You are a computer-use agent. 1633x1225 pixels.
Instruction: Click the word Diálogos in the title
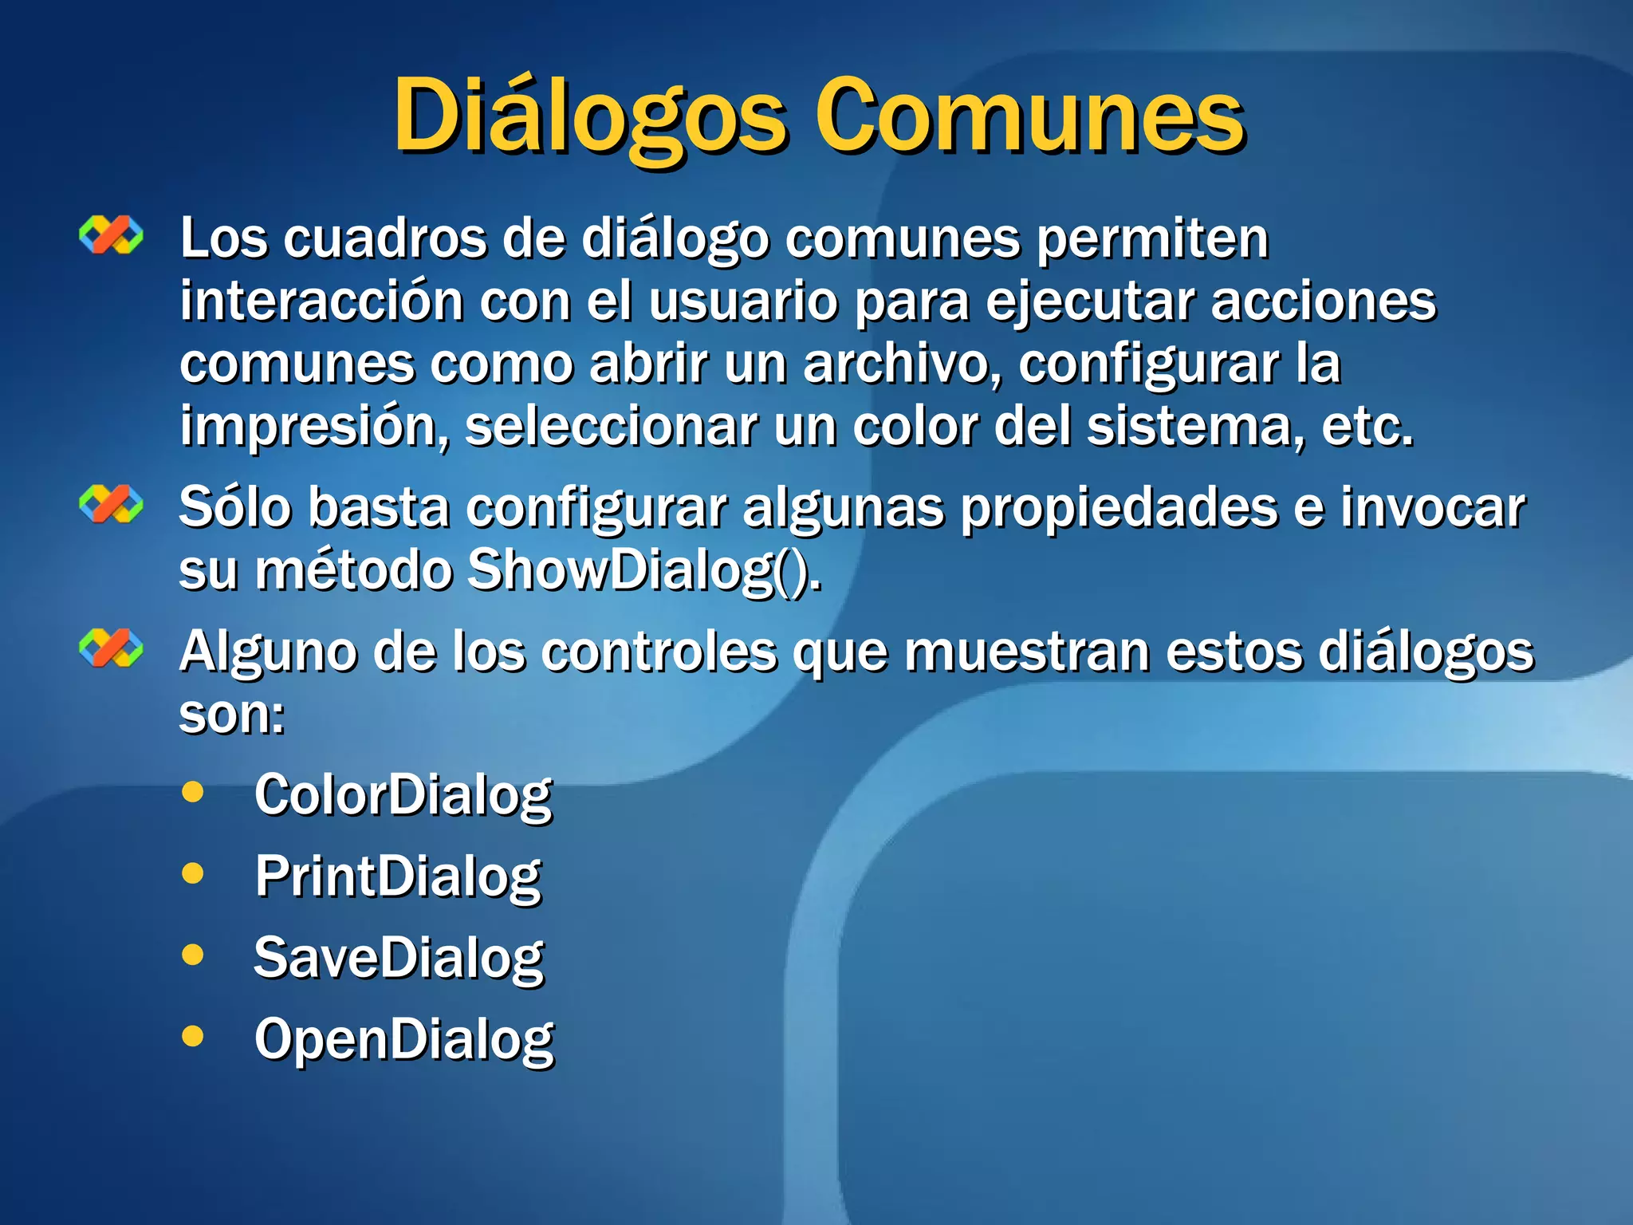coord(590,118)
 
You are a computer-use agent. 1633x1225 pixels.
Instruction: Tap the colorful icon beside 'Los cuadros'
coord(112,235)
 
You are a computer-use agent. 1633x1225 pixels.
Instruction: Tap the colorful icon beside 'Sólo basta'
coord(112,504)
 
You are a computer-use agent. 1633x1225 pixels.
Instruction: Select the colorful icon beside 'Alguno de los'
coord(112,647)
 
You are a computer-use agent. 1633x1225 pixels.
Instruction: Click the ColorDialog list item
coord(403,796)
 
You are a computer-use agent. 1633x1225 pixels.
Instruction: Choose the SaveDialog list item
coord(399,958)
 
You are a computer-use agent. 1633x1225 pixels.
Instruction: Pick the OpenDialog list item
coord(404,1039)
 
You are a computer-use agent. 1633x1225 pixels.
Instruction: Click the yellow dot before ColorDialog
coord(193,792)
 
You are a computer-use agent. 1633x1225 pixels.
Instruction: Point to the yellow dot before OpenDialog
coord(193,1036)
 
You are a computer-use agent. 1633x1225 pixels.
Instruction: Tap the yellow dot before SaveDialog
coord(193,955)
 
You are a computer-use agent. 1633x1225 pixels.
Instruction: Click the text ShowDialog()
coord(643,570)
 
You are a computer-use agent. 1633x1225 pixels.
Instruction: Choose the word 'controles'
coord(659,652)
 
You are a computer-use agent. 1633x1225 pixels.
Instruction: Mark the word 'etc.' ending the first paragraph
coord(1367,427)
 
